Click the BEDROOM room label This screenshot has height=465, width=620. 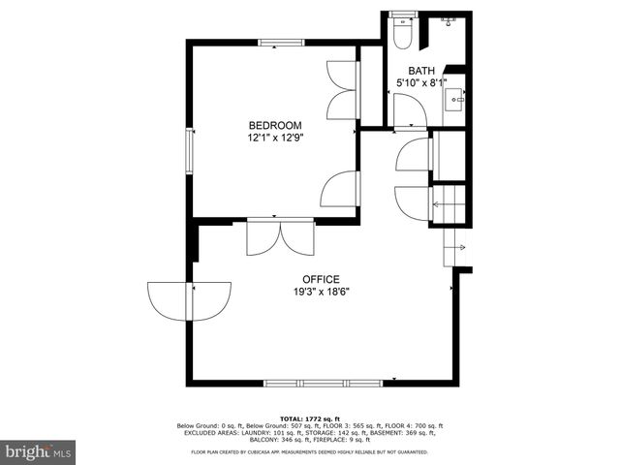275,125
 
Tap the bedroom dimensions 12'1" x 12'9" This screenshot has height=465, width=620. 275,138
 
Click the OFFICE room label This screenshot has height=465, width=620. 322,279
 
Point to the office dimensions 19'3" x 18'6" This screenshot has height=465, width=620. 322,292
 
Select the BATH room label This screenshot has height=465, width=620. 421,71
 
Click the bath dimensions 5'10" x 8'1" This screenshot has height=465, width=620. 421,83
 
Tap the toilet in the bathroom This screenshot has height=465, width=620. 403,35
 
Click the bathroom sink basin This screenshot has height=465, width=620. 455,99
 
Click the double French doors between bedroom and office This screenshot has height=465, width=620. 280,236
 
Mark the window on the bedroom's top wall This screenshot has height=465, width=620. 281,42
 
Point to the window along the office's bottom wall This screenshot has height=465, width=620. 323,383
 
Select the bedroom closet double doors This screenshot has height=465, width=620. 343,90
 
